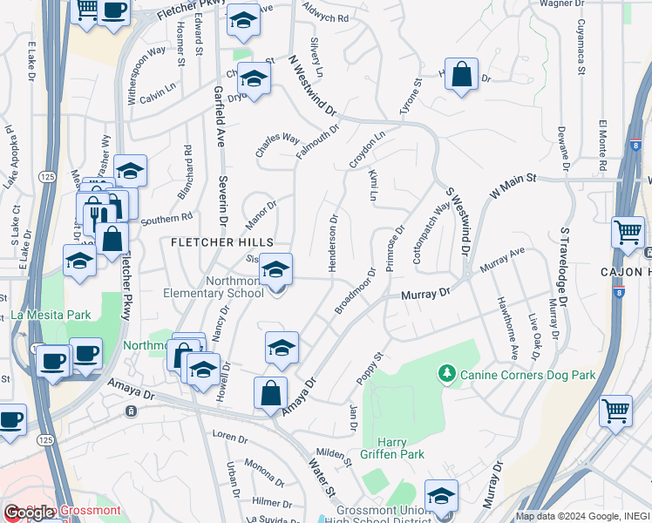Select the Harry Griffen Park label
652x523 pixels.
tap(391, 448)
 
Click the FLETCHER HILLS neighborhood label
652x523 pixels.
tap(221, 241)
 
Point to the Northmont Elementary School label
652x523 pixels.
tap(213, 287)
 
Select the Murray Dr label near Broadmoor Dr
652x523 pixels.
tap(424, 295)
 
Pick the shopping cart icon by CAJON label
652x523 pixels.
tap(628, 231)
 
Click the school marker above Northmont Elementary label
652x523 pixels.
tap(276, 269)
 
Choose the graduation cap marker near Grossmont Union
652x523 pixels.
tap(441, 495)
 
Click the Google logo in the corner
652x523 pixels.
tap(29, 513)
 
